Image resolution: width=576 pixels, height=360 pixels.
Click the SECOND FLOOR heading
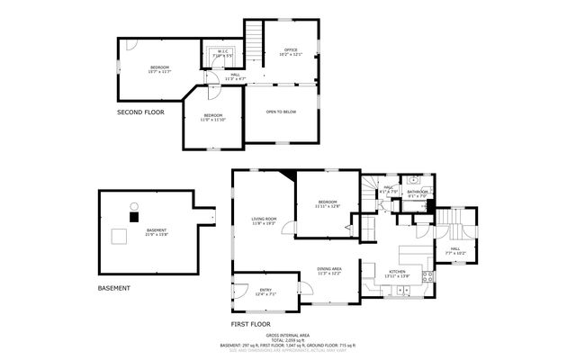tap(141, 112)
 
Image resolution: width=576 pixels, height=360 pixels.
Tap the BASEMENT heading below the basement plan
tap(113, 288)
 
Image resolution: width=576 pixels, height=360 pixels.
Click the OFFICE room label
tap(291, 51)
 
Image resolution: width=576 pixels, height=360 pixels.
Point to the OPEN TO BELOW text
tap(281, 112)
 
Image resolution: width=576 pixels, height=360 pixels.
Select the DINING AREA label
tap(329, 271)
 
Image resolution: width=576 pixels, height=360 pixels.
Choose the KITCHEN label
tap(397, 273)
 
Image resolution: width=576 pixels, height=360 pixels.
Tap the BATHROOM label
tap(417, 193)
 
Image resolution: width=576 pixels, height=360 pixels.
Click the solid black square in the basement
tap(135, 216)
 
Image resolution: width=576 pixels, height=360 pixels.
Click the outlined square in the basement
tap(118, 238)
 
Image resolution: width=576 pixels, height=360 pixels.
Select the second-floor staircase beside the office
tap(255, 40)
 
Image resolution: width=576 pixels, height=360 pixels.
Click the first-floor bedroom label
tap(326, 204)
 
